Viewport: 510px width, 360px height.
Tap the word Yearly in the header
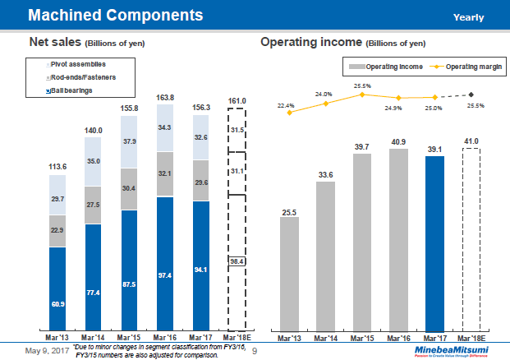468,17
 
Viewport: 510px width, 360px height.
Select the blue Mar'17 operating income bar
434,242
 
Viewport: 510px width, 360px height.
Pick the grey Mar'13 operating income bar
288,275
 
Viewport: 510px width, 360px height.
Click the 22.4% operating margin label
286,105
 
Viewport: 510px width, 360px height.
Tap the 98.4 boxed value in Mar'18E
237,261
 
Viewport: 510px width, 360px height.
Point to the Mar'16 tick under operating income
398,338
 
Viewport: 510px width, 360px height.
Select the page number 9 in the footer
254,351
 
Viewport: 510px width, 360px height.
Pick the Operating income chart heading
311,42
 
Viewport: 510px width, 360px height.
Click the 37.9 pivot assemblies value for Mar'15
129,141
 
